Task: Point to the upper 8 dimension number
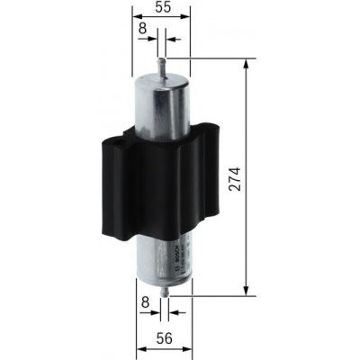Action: click(x=144, y=29)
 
